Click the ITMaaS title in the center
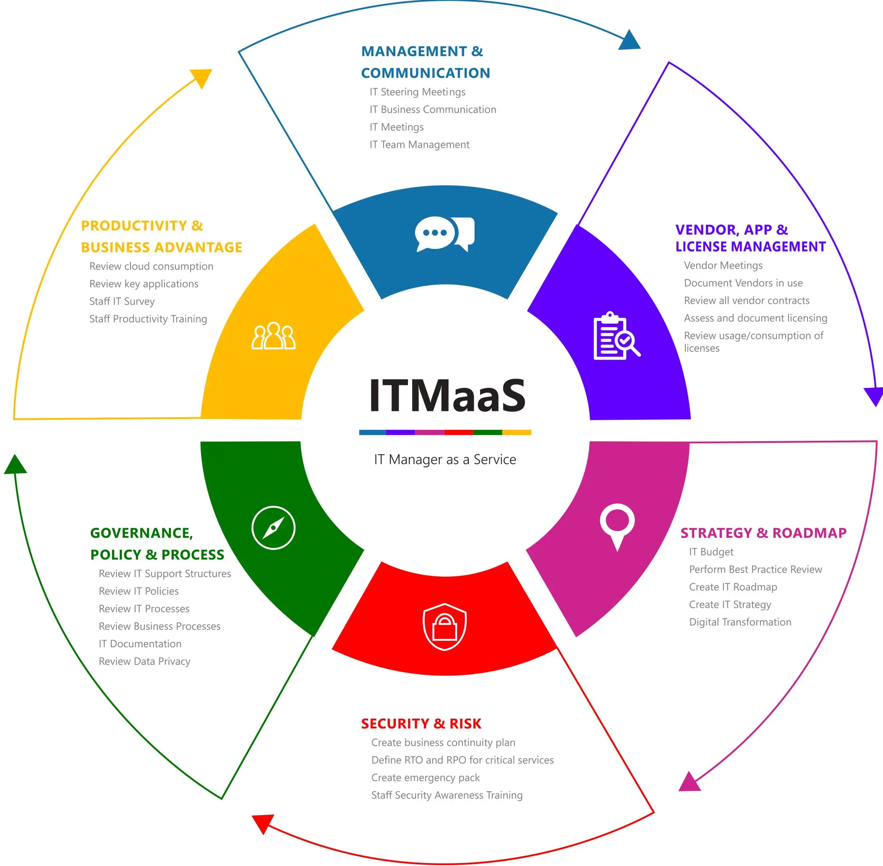click(x=447, y=395)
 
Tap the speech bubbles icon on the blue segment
click(x=444, y=234)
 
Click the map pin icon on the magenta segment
click(x=617, y=526)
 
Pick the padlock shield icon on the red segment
click(x=444, y=626)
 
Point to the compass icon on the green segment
click(x=273, y=528)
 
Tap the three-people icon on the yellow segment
click(x=273, y=336)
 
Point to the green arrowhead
click(x=16, y=465)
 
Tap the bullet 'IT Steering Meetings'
click(x=418, y=92)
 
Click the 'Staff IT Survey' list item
click(x=122, y=301)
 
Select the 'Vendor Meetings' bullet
click(x=723, y=266)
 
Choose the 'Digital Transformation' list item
click(x=740, y=622)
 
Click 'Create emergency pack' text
click(x=425, y=778)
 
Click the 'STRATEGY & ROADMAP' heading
click(x=763, y=533)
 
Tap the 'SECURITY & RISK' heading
click(x=421, y=724)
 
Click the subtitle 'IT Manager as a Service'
click(x=445, y=460)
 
